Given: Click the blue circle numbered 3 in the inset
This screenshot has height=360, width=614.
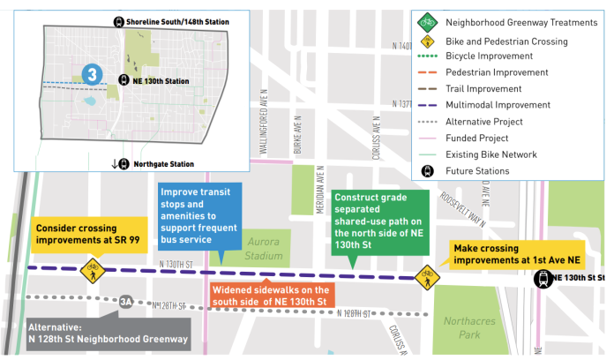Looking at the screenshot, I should (x=91, y=74).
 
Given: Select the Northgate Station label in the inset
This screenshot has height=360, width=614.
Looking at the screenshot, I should (x=168, y=163).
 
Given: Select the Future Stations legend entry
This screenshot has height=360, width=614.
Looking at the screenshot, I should (x=476, y=170).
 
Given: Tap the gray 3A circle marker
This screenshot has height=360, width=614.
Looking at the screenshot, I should (x=126, y=302).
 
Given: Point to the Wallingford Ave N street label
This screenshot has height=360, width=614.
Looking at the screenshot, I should (x=263, y=124).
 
